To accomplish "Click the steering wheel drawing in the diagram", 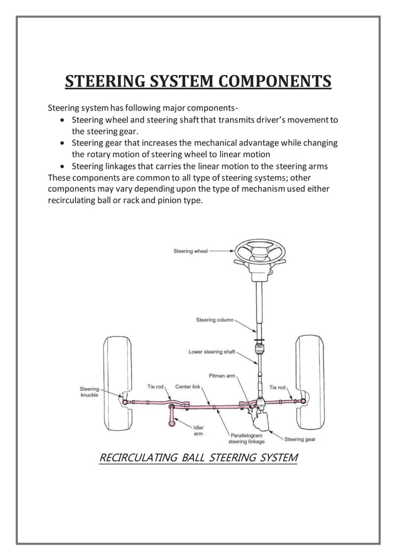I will click(x=260, y=251).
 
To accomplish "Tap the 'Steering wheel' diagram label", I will click(x=191, y=251).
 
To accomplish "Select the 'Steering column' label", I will click(x=215, y=320).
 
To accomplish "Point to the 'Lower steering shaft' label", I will click(x=212, y=351).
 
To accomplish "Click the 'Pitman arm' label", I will click(x=222, y=376).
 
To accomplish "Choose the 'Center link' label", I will click(x=187, y=386).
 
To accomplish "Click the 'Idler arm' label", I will click(x=199, y=431).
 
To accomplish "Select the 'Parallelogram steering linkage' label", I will click(x=246, y=438).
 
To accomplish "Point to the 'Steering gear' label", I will click(x=300, y=439).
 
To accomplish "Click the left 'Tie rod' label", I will click(x=155, y=386).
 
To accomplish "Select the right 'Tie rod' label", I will click(x=277, y=387).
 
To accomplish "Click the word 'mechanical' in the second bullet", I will click(x=201, y=143).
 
